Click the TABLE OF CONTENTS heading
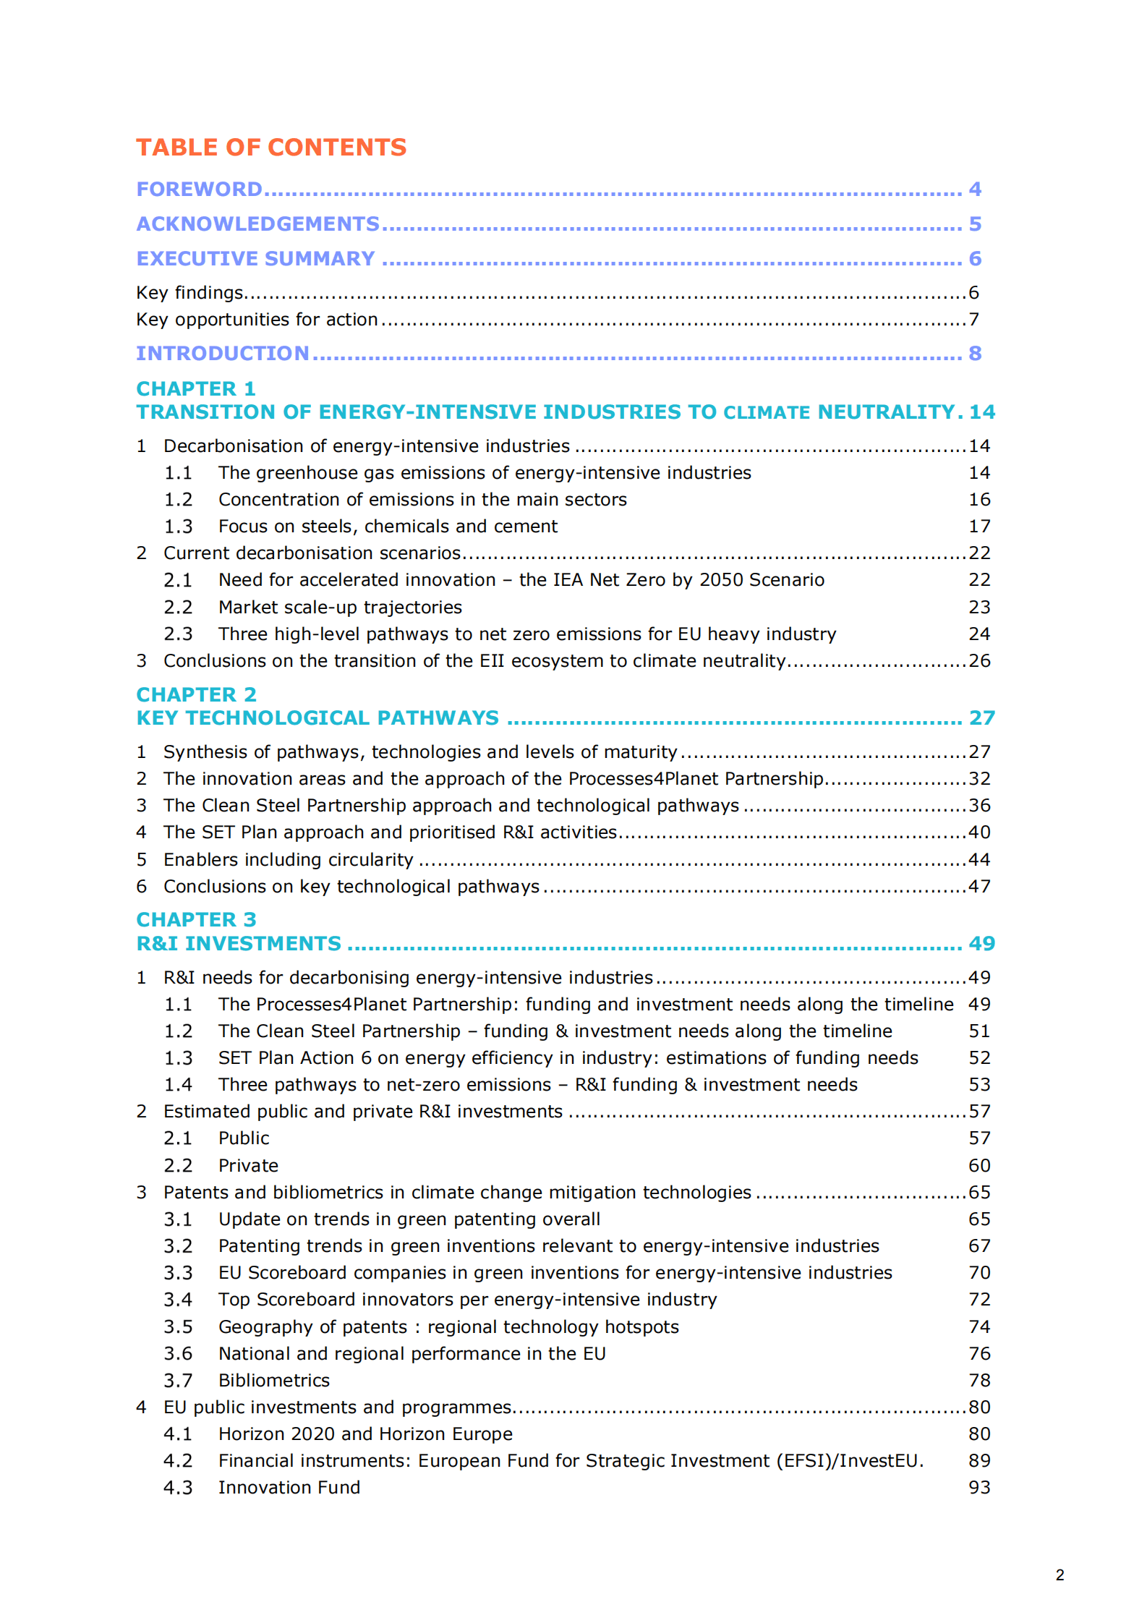[271, 148]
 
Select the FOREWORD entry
[200, 189]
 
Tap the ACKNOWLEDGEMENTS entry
[258, 224]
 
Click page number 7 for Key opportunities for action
[974, 320]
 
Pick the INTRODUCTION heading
[223, 354]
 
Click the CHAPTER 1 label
[196, 389]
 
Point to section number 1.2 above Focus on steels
[178, 500]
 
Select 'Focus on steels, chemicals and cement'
[388, 527]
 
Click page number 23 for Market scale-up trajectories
[979, 608]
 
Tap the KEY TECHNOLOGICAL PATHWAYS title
[317, 718]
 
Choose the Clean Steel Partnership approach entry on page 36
[451, 806]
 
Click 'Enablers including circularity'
[289, 860]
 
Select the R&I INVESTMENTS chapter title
[239, 944]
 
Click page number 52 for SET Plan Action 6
[979, 1058]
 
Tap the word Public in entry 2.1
[244, 1138]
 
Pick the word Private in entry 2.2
[248, 1166]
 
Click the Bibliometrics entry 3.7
[274, 1381]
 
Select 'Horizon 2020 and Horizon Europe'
[365, 1434]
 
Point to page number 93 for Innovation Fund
[979, 1488]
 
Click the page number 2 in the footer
[1059, 1575]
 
